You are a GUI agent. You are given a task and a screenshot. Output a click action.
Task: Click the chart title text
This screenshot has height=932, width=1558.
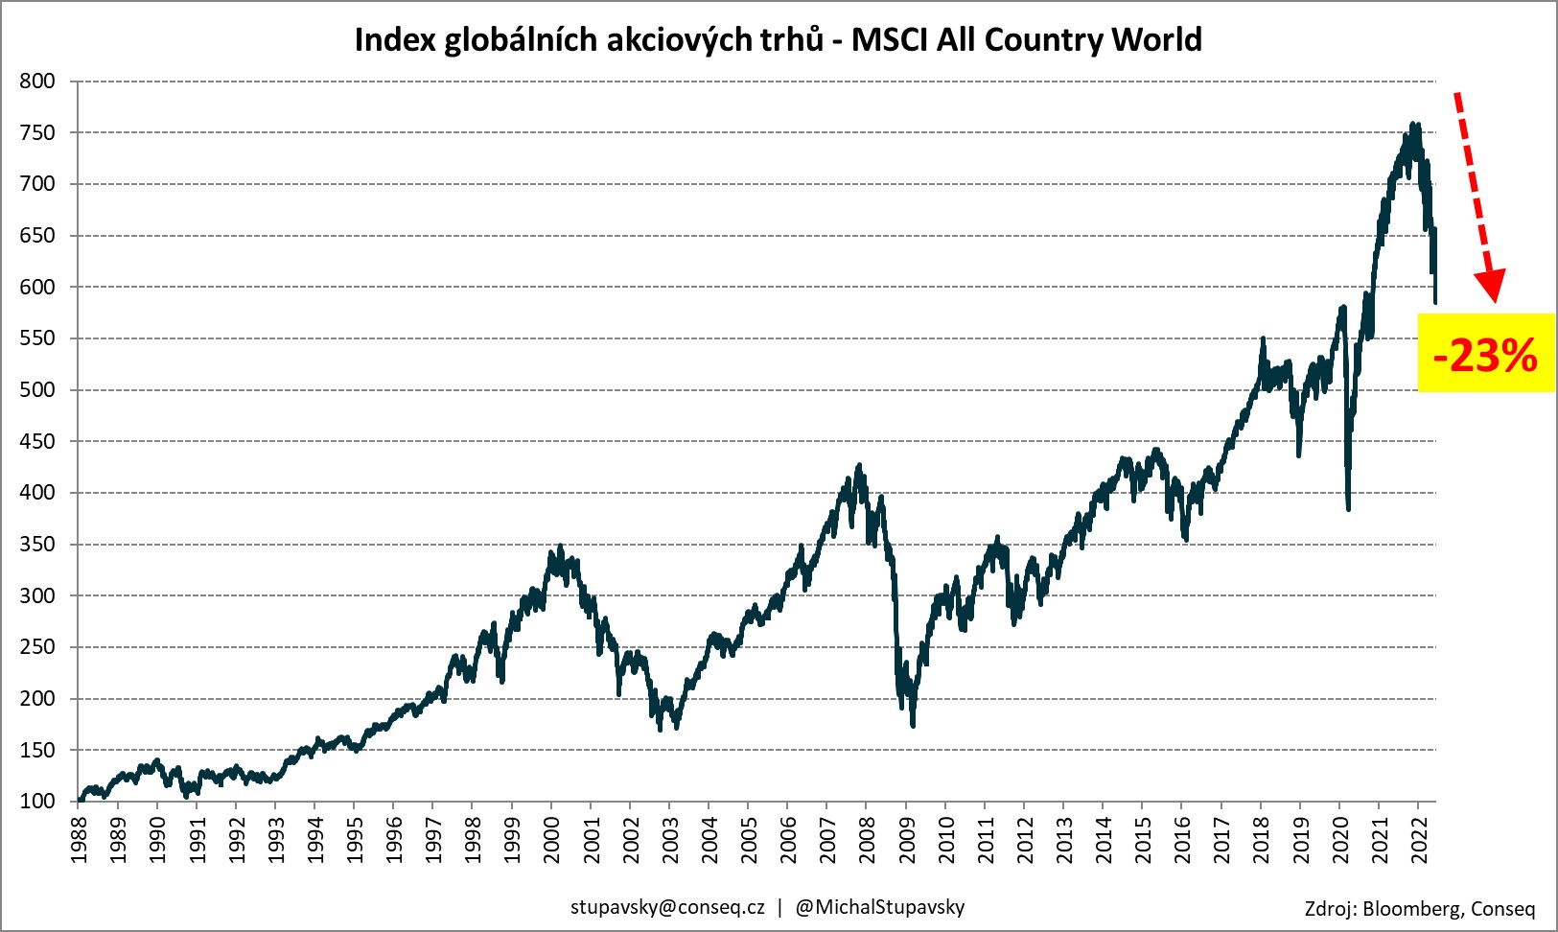point(778,39)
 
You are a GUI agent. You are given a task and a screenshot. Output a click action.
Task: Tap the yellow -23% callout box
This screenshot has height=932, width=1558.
point(1485,353)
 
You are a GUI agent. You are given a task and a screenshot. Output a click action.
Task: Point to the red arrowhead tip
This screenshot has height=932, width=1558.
point(1493,301)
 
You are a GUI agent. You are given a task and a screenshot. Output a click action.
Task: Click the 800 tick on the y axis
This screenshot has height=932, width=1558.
point(37,82)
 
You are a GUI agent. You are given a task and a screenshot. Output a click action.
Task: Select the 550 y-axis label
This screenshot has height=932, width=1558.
point(37,338)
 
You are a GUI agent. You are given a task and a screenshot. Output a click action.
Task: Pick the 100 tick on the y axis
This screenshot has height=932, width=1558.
point(37,802)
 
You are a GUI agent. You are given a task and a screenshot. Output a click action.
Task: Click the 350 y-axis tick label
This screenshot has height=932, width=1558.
point(37,545)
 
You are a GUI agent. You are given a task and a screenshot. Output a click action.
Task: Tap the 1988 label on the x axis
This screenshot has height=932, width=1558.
point(79,840)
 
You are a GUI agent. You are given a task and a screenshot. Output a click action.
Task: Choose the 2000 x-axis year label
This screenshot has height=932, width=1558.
point(552,840)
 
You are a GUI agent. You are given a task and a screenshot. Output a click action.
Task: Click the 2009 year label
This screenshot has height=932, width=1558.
point(907,840)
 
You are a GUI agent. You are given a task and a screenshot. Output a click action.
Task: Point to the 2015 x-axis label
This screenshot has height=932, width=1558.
point(1144,840)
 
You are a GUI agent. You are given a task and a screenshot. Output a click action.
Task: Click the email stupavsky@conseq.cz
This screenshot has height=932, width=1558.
point(667,907)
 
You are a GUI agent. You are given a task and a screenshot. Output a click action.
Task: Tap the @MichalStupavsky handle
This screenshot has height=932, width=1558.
point(880,907)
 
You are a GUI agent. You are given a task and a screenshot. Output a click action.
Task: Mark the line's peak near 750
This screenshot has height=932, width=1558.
point(1414,125)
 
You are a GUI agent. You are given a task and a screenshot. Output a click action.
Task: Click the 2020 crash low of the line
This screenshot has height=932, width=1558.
point(1348,508)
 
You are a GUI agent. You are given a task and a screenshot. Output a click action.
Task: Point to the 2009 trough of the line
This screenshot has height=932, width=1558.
point(913,725)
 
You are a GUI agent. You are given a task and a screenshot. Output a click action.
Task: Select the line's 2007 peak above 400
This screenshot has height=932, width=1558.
point(859,466)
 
